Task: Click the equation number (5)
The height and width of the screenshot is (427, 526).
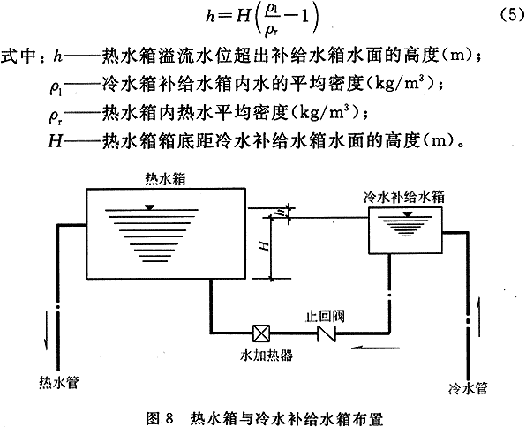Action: point(511,15)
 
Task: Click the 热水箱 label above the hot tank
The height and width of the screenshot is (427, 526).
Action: point(165,179)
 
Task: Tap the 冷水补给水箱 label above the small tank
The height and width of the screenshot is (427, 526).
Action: point(404,197)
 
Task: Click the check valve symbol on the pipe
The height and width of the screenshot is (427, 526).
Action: point(327,333)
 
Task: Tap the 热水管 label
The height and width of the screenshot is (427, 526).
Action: point(59,382)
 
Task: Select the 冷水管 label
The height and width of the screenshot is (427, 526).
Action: point(468,388)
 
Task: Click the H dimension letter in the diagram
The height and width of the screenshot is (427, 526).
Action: point(266,246)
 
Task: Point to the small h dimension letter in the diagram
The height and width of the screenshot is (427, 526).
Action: point(282,212)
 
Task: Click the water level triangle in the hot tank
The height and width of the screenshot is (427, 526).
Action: point(150,207)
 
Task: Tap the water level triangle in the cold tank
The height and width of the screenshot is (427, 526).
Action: point(408,214)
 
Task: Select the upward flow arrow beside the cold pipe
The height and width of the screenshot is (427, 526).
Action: point(479,316)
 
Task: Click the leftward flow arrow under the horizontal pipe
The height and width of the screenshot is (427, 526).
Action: point(376,348)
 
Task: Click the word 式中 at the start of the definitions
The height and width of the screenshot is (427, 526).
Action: point(19,56)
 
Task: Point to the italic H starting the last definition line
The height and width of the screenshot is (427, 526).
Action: point(56,141)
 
